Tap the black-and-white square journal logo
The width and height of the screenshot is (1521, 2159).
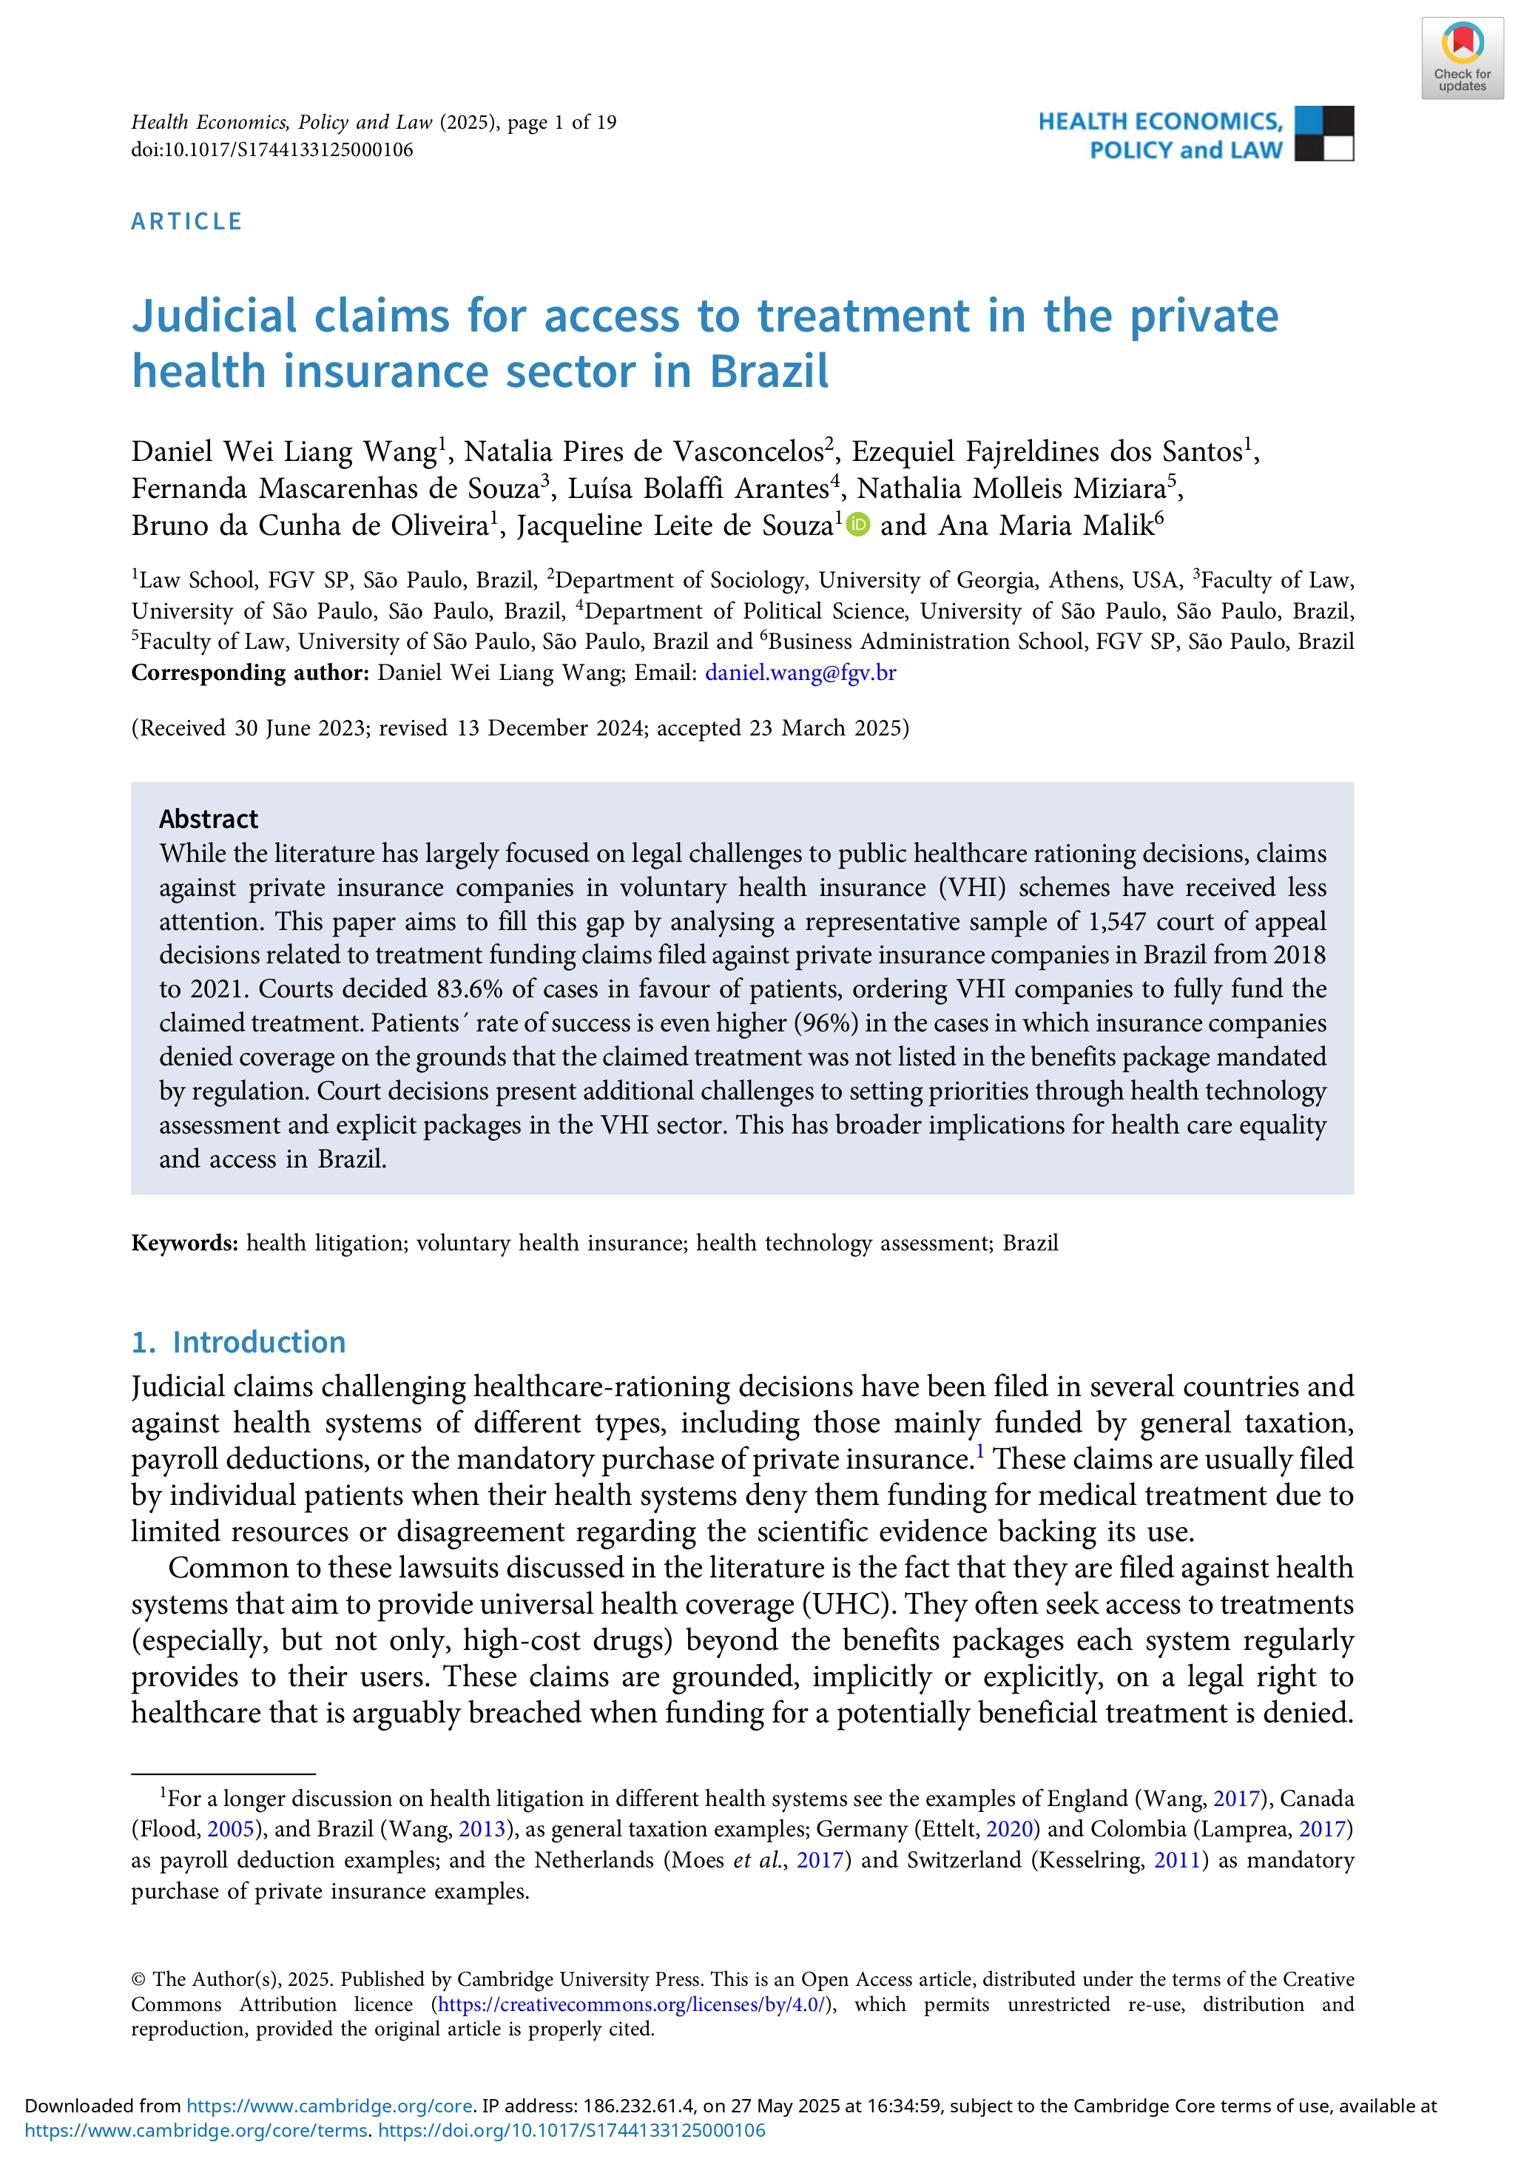click(1323, 133)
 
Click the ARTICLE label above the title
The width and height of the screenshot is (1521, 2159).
click(187, 222)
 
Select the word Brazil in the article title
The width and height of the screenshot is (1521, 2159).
click(769, 371)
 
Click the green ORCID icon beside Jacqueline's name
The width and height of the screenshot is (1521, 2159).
click(858, 525)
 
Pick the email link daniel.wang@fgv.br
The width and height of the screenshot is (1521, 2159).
click(800, 673)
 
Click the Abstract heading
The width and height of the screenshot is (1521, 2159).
click(209, 819)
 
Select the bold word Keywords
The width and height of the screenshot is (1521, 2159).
click(184, 1243)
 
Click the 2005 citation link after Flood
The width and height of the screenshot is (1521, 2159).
click(229, 1829)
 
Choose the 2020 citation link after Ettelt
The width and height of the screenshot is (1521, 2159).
click(1010, 1829)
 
